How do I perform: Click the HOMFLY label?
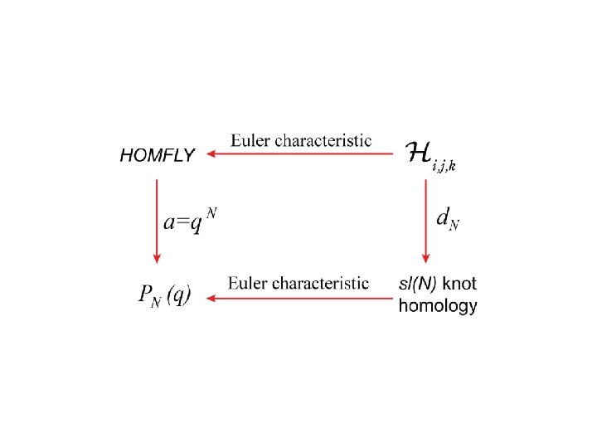coord(158,155)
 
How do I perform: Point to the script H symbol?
coord(419,153)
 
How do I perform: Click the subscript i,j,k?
coord(444,165)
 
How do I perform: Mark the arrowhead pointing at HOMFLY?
coord(212,153)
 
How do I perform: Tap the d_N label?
coord(447,220)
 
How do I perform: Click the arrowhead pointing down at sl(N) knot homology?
coord(425,256)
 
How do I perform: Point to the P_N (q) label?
coord(163,294)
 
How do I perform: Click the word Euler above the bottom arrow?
coord(248,283)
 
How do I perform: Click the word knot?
coord(461,285)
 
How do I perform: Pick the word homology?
coord(438,306)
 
